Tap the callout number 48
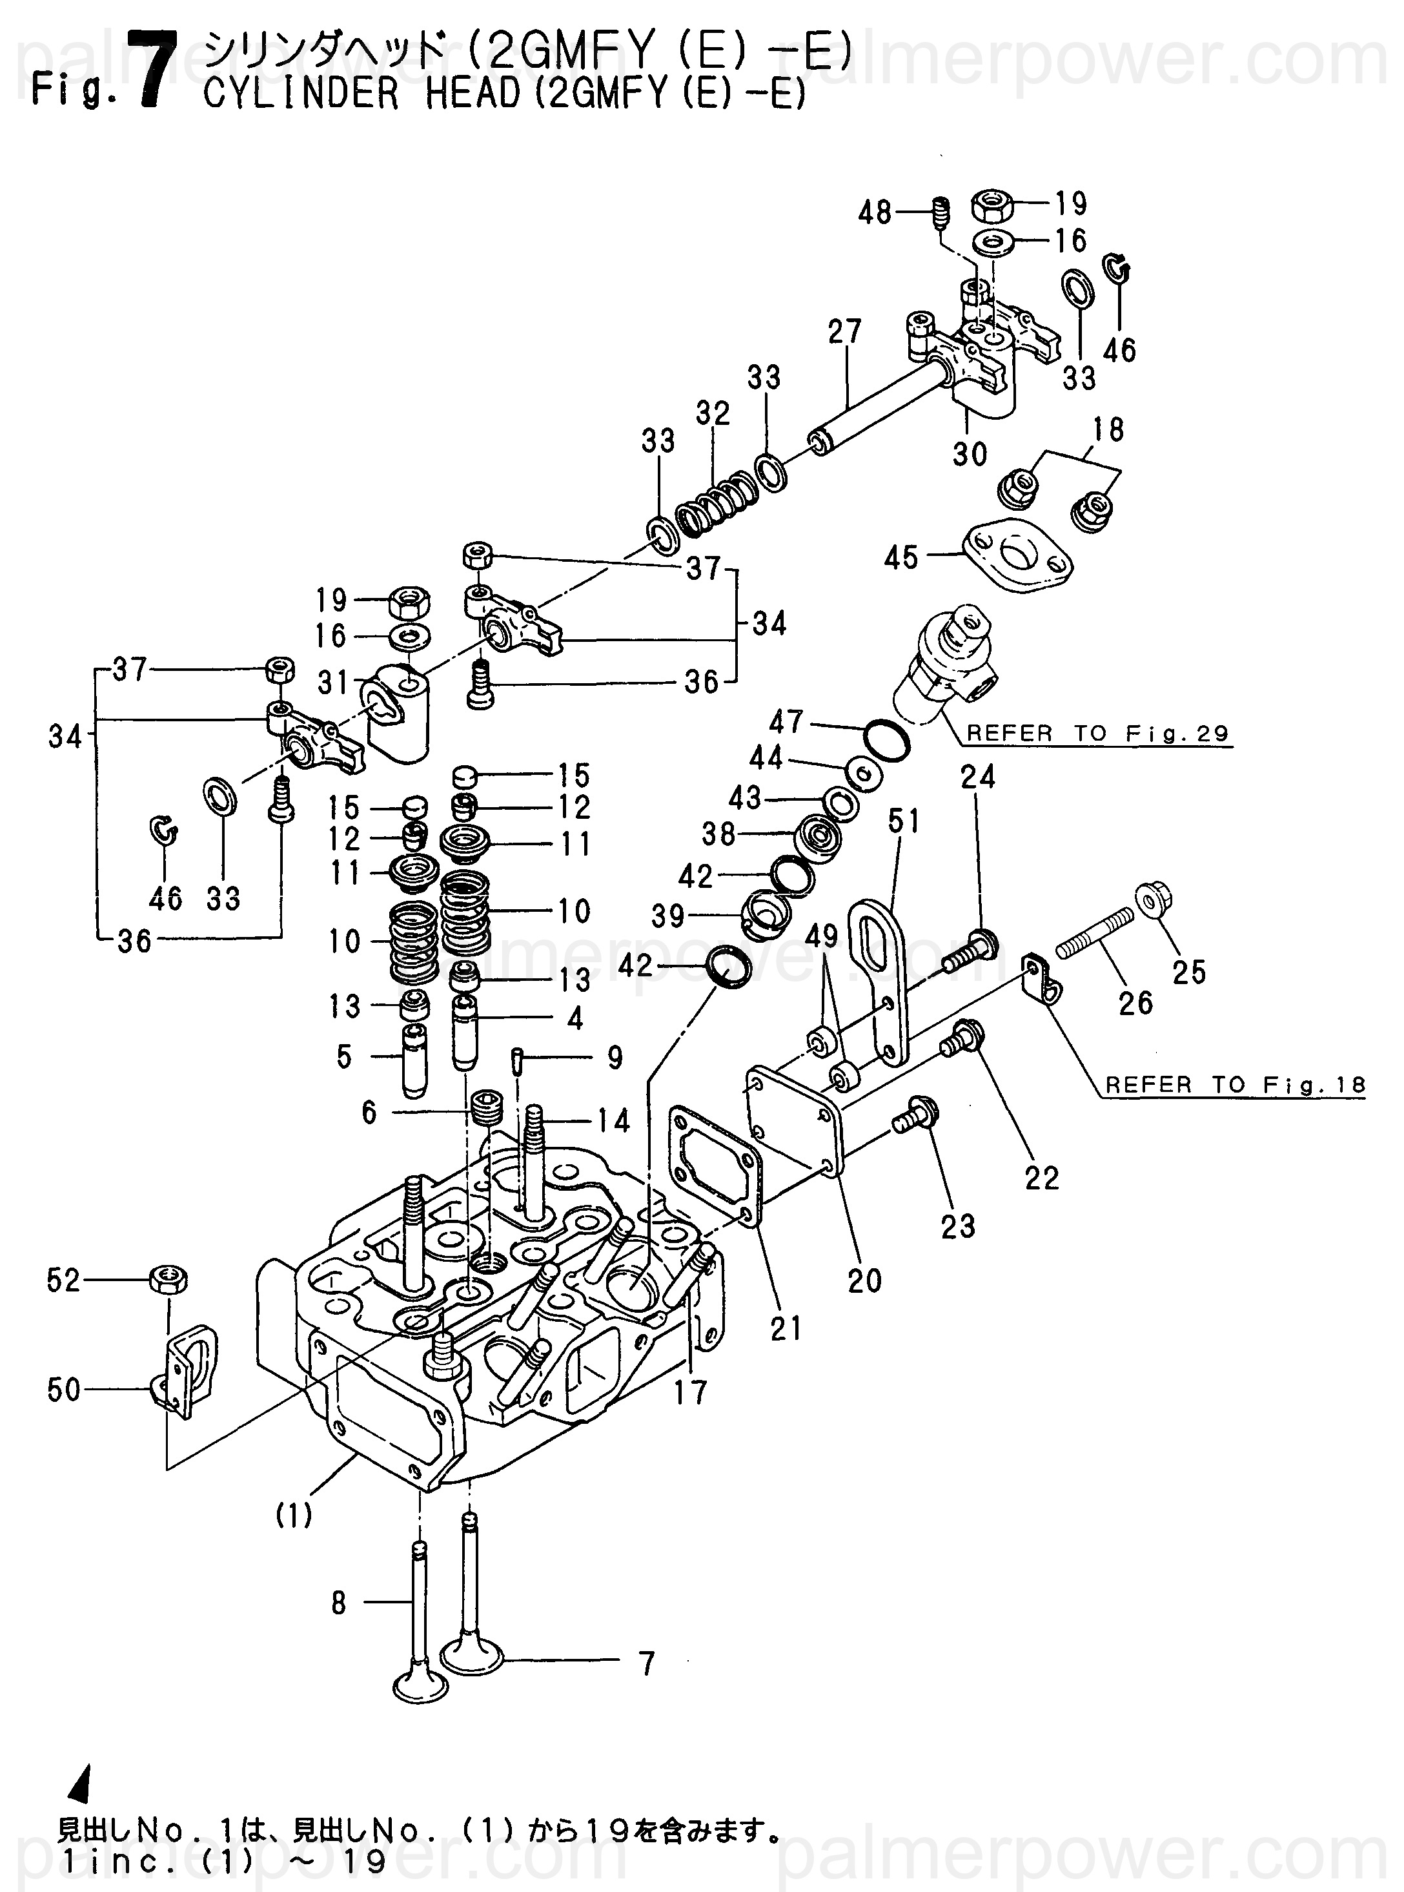(873, 212)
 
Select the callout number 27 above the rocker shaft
(845, 331)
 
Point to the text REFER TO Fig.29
(1098, 734)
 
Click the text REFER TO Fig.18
(1236, 1085)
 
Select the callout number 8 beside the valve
(339, 1603)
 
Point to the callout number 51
(904, 821)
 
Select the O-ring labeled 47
(886, 739)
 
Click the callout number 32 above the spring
(713, 413)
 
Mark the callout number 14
(613, 1121)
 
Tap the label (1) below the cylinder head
(295, 1515)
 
